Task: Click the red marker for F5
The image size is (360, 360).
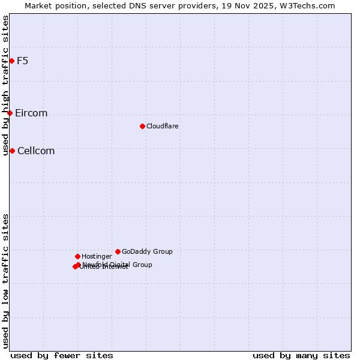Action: pos(11,61)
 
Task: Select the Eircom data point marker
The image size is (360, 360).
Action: pos(10,113)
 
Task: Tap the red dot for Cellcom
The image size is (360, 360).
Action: pos(12,151)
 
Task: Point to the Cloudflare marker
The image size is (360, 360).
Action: pos(142,126)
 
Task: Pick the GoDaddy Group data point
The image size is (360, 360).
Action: pos(118,251)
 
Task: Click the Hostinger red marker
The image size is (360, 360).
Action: pos(77,256)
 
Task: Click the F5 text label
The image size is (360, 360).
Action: pos(22,61)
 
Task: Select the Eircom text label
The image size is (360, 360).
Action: pos(31,113)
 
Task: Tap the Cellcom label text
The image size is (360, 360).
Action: pos(36,151)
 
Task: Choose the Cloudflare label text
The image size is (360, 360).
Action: pos(163,127)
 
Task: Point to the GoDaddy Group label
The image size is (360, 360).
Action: pos(147,252)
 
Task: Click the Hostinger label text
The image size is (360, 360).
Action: pos(97,257)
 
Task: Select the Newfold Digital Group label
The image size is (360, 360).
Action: pos(118,265)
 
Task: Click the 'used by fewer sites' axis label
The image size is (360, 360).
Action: pos(62,355)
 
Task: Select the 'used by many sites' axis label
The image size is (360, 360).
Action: pos(301,355)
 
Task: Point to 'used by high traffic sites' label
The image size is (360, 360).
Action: pos(5,85)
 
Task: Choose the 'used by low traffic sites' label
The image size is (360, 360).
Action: pos(5,281)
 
